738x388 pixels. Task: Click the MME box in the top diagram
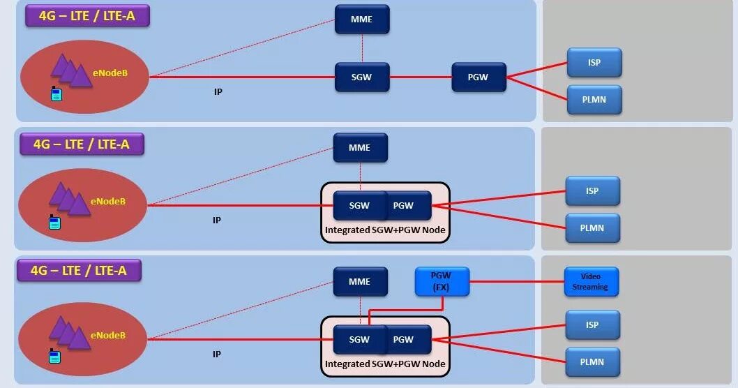point(361,20)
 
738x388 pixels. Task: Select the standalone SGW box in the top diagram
point(361,77)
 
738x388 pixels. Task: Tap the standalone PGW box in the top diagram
point(479,77)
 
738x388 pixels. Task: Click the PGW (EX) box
point(442,281)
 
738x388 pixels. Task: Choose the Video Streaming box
point(591,281)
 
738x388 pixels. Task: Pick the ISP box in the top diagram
point(594,63)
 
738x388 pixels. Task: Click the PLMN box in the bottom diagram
point(592,362)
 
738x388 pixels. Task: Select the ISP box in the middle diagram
point(592,191)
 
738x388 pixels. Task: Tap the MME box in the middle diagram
point(360,148)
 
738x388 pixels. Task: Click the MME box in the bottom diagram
point(360,282)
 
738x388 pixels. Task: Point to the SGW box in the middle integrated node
point(359,206)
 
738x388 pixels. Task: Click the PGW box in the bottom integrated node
point(404,340)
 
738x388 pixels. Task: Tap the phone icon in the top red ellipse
point(57,94)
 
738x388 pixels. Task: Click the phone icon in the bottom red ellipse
point(54,356)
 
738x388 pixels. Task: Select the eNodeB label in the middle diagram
point(109,201)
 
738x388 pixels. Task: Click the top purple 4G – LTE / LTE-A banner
point(88,15)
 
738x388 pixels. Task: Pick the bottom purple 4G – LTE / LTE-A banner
point(79,270)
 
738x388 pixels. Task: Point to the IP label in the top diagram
point(218,91)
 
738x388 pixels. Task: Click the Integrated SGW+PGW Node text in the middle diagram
point(385,230)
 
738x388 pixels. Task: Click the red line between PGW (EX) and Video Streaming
point(516,282)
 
